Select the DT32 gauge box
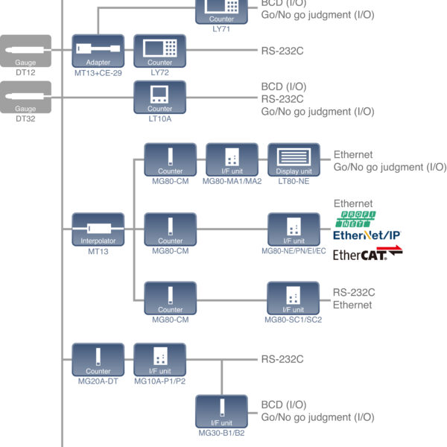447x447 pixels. click(x=26, y=98)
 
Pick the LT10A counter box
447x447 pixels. click(x=159, y=98)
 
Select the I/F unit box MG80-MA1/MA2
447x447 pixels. click(x=232, y=160)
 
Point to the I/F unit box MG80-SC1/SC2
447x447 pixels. click(x=294, y=299)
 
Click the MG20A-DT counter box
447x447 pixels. click(x=98, y=360)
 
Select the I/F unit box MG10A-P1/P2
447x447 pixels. click(x=159, y=360)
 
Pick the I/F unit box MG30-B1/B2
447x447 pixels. click(x=221, y=412)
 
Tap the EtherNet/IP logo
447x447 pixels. click(x=367, y=235)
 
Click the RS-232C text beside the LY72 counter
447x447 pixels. click(x=282, y=51)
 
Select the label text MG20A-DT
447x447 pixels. click(x=98, y=381)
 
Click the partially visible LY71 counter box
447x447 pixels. click(x=221, y=9)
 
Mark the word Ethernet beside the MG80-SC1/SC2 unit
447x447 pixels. click(x=352, y=305)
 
